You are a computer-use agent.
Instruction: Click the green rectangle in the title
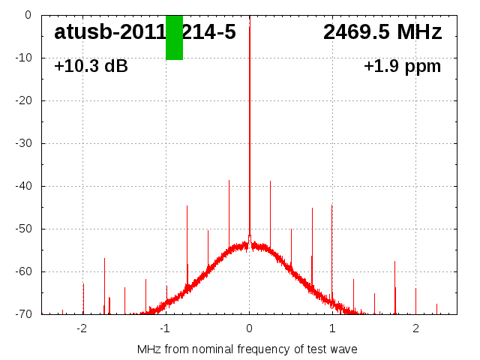click(174, 37)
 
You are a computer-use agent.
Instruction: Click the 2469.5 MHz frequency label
click(382, 32)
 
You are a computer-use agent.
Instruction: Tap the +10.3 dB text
click(91, 66)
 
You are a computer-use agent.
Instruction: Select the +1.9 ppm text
click(402, 66)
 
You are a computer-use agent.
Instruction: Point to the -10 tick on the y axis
click(22, 58)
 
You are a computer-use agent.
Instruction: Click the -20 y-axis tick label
click(22, 100)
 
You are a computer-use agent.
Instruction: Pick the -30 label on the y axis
click(22, 143)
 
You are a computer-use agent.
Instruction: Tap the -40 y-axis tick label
click(22, 186)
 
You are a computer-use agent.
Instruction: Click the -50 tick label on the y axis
click(22, 229)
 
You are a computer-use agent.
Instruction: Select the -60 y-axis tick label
click(22, 271)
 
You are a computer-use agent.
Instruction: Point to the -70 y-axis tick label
click(22, 314)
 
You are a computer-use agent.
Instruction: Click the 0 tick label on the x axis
click(249, 328)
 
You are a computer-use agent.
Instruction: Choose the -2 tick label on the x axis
click(82, 328)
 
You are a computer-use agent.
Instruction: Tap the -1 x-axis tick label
click(165, 328)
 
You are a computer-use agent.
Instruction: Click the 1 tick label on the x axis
click(332, 328)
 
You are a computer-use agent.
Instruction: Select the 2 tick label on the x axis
click(415, 328)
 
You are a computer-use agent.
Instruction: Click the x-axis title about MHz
click(247, 349)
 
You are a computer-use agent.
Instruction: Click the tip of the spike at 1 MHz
click(332, 205)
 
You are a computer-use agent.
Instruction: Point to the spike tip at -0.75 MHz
click(187, 205)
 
